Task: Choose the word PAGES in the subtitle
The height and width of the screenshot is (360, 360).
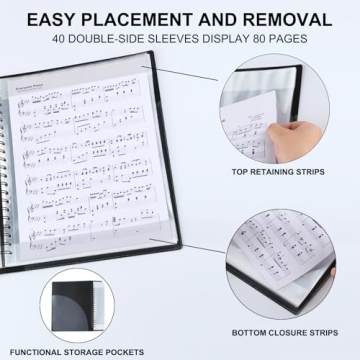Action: pyautogui.click(x=289, y=39)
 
